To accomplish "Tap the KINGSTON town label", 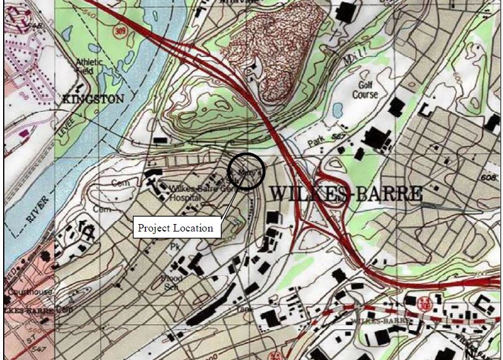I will (93, 99).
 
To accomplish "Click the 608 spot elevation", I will (490, 179).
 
